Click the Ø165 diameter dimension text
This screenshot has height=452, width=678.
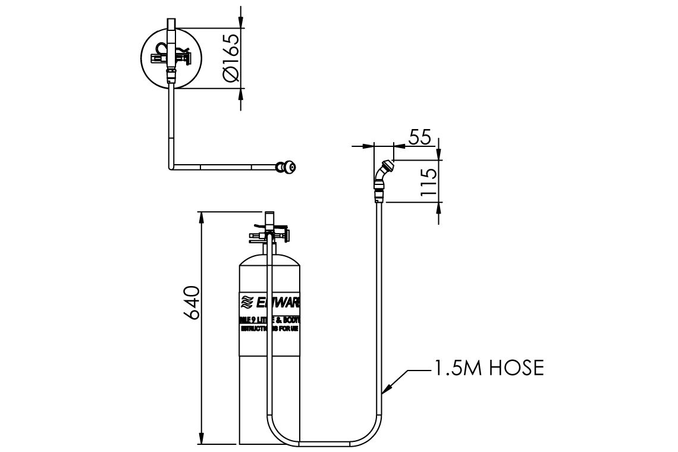231,58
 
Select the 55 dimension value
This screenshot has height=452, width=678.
420,136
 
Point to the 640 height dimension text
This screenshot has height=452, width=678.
190,303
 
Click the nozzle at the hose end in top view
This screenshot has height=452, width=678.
288,167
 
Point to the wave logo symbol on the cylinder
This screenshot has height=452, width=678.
247,302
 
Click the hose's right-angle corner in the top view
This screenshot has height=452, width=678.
172,167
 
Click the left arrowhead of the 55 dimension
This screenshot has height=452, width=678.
369,145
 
